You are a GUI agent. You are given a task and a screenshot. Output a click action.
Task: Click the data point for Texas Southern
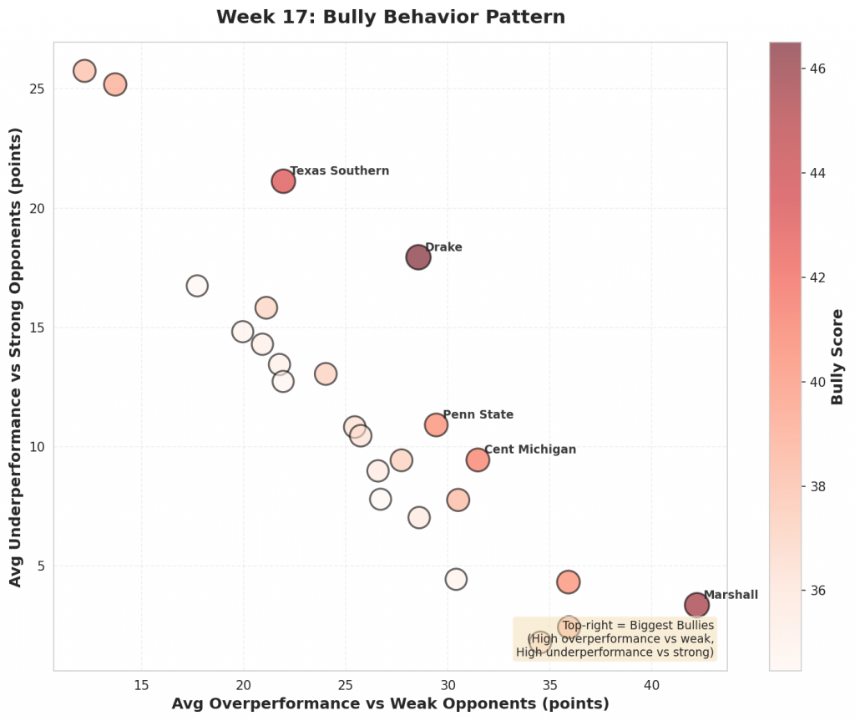pos(283,180)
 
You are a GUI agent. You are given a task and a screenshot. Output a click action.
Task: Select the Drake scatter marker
pos(418,257)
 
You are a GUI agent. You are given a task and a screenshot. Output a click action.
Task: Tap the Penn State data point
pos(436,424)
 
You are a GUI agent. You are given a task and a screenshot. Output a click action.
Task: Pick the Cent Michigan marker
pos(478,460)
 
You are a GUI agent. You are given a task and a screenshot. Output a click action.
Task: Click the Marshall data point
pos(696,605)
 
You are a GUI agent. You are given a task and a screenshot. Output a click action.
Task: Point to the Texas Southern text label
pos(339,171)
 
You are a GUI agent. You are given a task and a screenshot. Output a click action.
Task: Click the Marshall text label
pos(731,595)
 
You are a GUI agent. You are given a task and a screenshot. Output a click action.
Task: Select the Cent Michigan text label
pos(530,449)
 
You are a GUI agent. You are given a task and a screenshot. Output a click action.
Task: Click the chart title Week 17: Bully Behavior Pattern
pos(390,18)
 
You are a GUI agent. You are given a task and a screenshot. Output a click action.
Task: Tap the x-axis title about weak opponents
pos(390,703)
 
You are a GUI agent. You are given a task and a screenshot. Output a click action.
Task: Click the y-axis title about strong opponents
pos(16,356)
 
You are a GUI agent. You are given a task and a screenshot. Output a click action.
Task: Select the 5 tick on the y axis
pos(39,566)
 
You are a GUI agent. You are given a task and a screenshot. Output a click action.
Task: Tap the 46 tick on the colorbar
pos(818,69)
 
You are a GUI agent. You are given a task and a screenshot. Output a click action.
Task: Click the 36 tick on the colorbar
pos(818,591)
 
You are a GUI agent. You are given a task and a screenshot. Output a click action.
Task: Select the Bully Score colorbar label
pos(837,357)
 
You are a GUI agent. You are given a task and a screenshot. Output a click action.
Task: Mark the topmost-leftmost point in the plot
pos(84,71)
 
